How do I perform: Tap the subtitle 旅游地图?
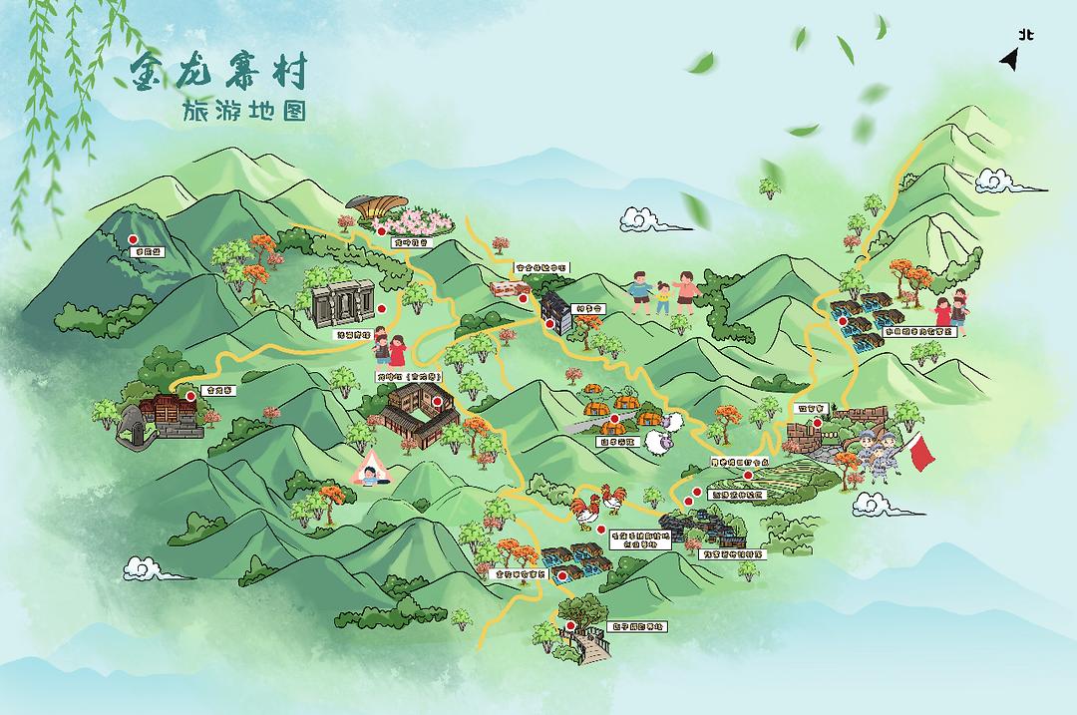click(x=243, y=112)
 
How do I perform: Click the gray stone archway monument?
click(x=342, y=306)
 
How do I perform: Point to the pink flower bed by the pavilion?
click(x=427, y=219)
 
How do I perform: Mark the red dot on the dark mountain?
click(x=133, y=239)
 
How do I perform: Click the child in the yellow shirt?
click(x=663, y=296)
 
